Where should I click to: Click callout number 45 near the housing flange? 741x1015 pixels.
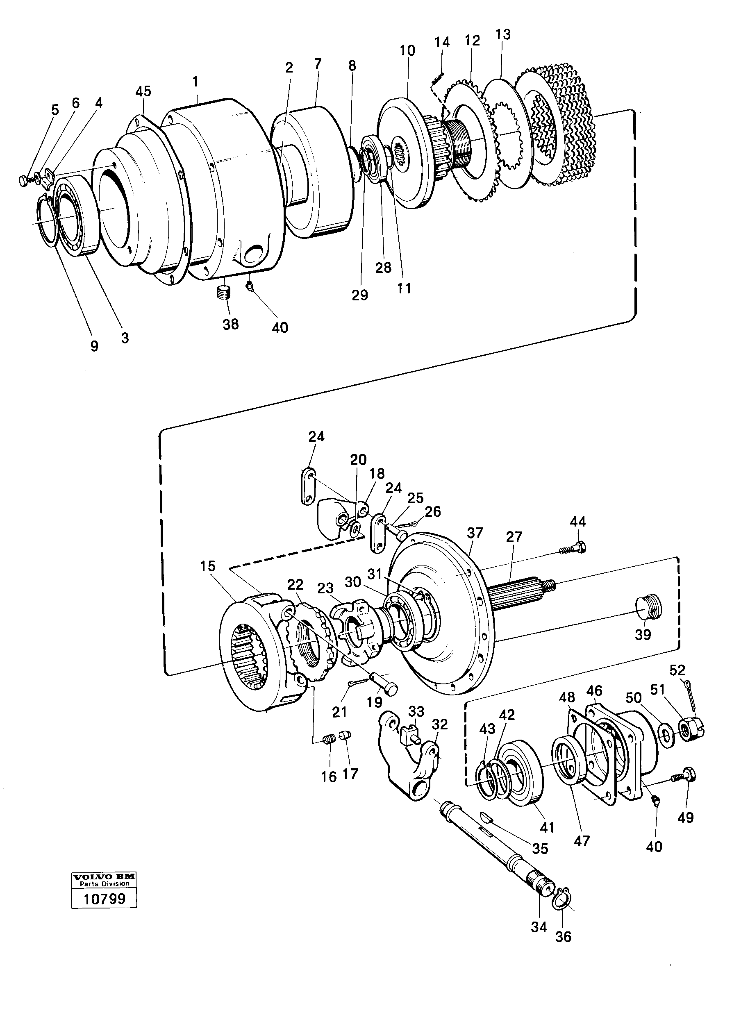pyautogui.click(x=143, y=91)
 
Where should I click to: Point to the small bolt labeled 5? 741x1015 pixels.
pyautogui.click(x=26, y=181)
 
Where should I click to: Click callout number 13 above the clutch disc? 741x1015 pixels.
pyautogui.click(x=503, y=34)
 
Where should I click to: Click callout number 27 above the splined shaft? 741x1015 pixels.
pyautogui.click(x=514, y=537)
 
